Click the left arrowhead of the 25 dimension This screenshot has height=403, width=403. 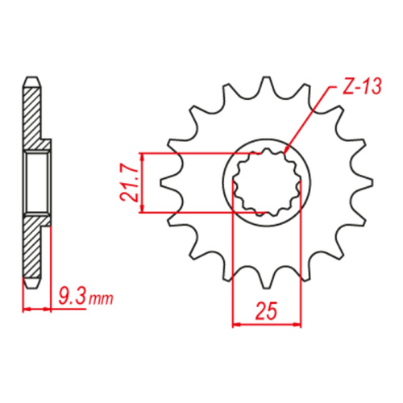click(x=237, y=325)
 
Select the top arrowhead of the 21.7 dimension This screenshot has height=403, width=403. click(x=142, y=156)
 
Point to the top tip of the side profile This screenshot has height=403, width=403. click(x=31, y=79)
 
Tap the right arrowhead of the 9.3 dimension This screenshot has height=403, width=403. click(x=46, y=308)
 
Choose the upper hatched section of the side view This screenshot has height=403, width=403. click(x=32, y=117)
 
